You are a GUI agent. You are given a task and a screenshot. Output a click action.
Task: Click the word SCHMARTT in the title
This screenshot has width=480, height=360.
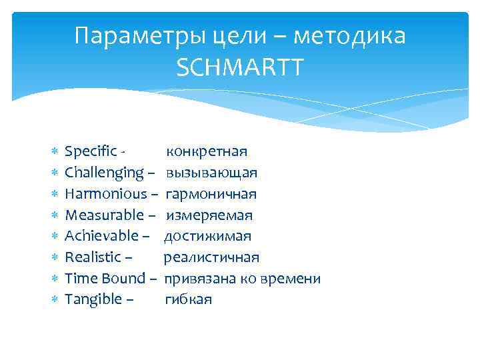(x=240, y=65)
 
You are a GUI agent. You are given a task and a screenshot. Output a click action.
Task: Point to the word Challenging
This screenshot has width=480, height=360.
(x=105, y=173)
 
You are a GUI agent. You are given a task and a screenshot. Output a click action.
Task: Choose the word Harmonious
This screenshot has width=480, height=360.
(x=105, y=194)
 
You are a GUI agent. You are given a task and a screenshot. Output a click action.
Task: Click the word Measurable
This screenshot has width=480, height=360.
(x=104, y=215)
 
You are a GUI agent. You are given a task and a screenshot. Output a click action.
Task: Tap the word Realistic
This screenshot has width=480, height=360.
(x=93, y=257)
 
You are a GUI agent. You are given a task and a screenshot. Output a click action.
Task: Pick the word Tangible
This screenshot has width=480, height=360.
(x=93, y=299)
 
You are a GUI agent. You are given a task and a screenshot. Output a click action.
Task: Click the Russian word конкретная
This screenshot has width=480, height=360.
(x=207, y=152)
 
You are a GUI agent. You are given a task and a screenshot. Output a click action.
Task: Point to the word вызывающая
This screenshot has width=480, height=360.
(x=212, y=173)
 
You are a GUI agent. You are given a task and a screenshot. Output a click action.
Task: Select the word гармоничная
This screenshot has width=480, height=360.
(x=211, y=194)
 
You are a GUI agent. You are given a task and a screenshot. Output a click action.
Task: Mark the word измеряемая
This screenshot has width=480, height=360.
(x=209, y=215)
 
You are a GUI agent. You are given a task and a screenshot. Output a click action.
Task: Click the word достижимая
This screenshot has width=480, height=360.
(x=207, y=236)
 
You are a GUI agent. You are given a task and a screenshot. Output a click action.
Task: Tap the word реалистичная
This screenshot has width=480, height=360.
(x=211, y=257)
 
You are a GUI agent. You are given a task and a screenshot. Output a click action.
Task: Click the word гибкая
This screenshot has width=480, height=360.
(x=188, y=299)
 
